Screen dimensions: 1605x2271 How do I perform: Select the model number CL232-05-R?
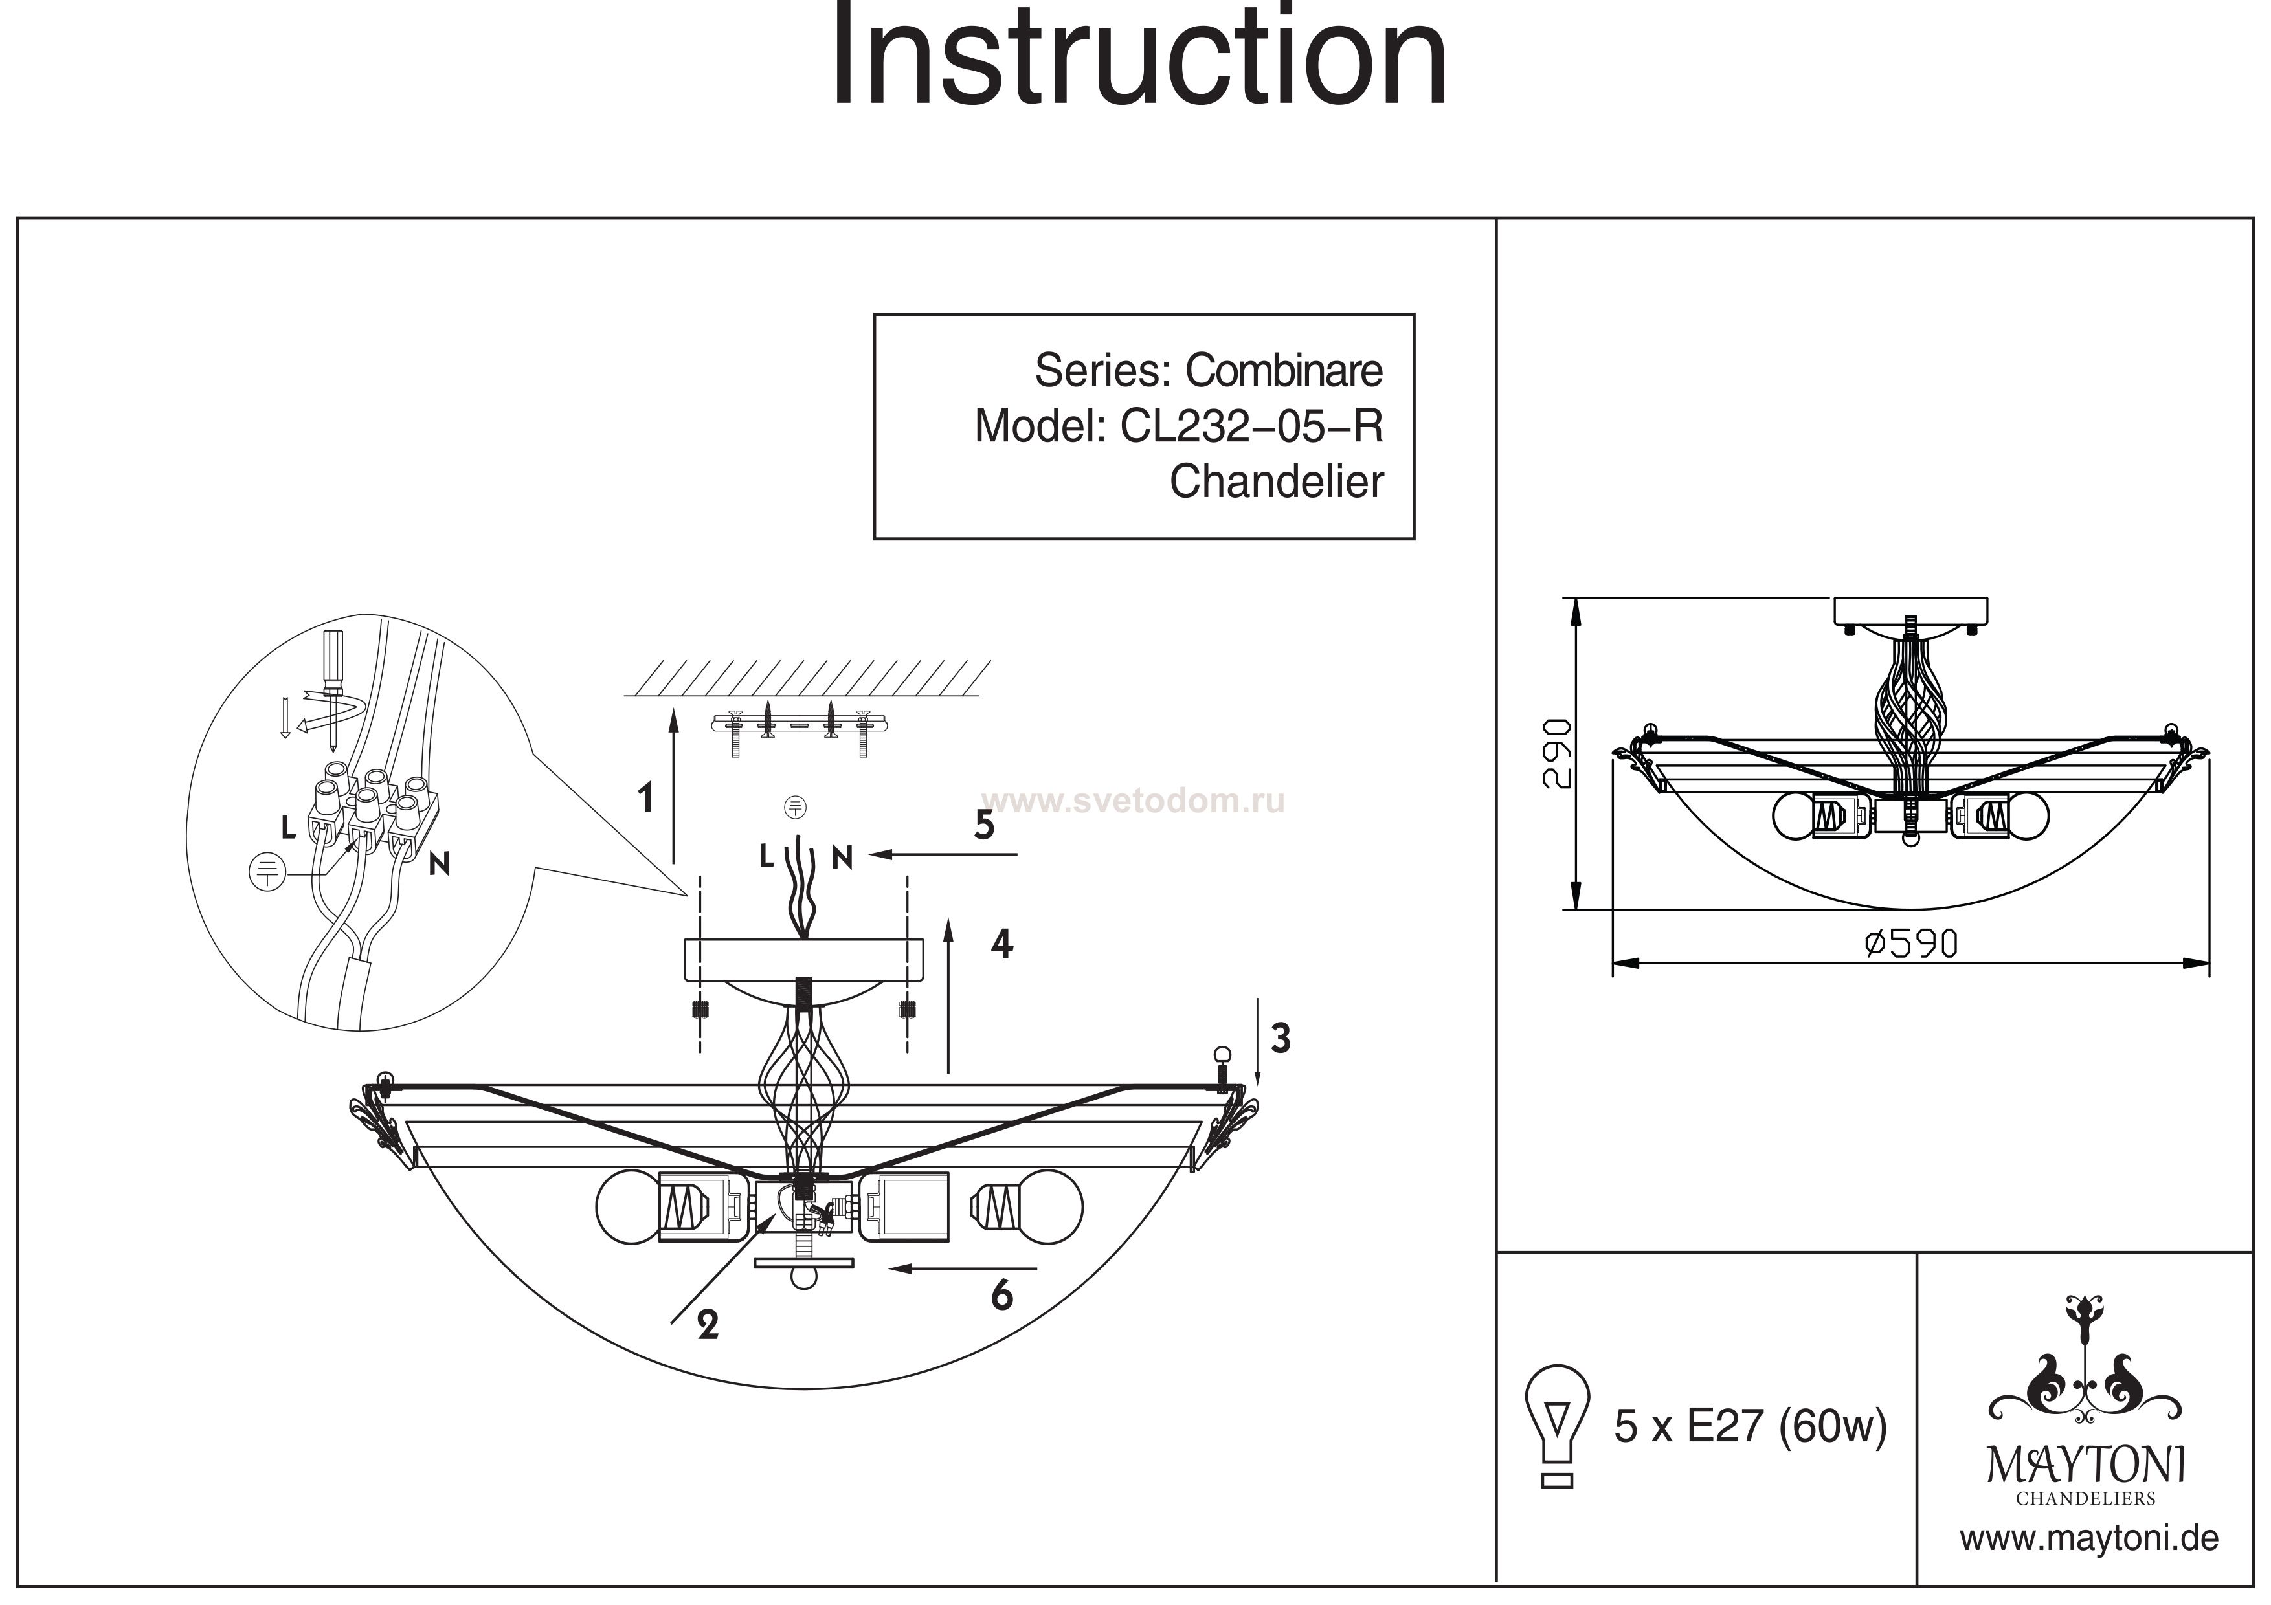click(1251, 426)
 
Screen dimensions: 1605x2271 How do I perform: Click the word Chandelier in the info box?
click(1276, 481)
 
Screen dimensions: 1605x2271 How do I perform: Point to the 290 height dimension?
click(1556, 753)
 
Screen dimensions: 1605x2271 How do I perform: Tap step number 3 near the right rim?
click(1280, 1038)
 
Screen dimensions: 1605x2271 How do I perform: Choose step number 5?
click(983, 825)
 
